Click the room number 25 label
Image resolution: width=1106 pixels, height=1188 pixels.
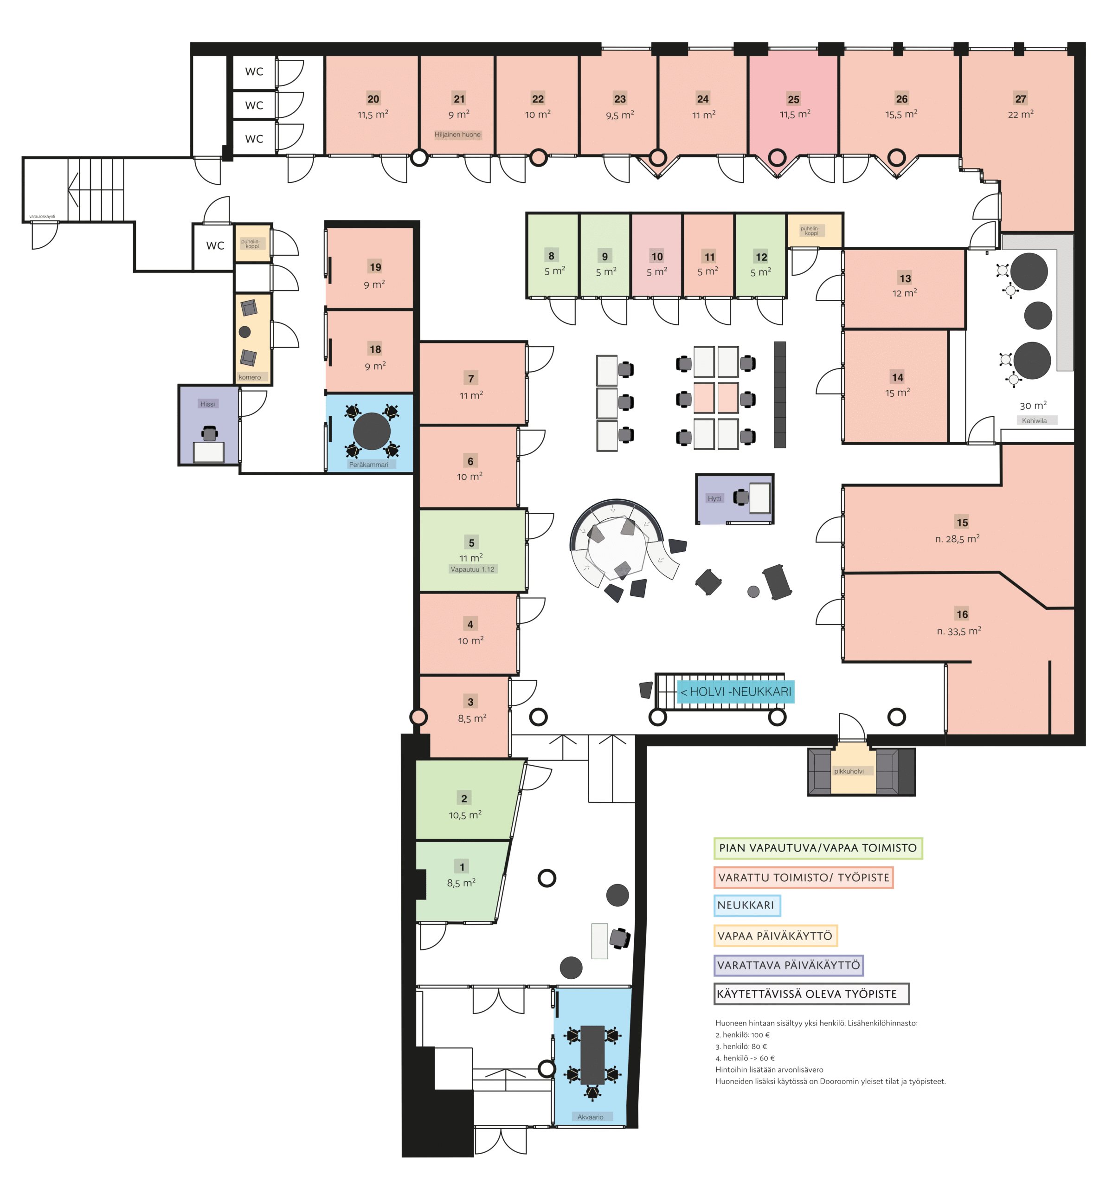coord(793,99)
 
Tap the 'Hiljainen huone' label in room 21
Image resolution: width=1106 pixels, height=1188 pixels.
coord(457,135)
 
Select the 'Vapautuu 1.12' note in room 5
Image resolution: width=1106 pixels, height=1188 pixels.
coord(472,569)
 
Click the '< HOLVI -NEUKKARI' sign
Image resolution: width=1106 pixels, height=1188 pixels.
coord(735,691)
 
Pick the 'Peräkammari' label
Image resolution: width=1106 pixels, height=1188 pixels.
coord(369,465)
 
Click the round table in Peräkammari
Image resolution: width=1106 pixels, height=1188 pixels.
coord(371,431)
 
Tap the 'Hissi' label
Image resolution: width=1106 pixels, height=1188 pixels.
coord(207,404)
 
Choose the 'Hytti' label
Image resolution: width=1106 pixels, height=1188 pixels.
coord(714,498)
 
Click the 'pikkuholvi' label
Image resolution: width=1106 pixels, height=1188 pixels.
coord(849,771)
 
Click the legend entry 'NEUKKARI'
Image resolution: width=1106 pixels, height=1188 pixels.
coord(746,905)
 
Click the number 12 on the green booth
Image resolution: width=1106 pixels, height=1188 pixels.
coord(761,257)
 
